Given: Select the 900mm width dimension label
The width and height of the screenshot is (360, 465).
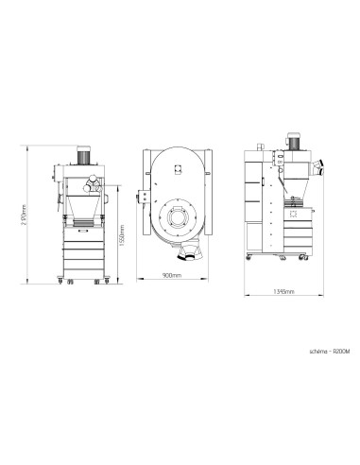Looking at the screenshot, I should (171, 277).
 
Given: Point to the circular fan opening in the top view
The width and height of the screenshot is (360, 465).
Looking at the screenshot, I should (178, 218).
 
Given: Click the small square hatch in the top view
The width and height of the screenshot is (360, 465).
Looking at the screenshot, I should (178, 165).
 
